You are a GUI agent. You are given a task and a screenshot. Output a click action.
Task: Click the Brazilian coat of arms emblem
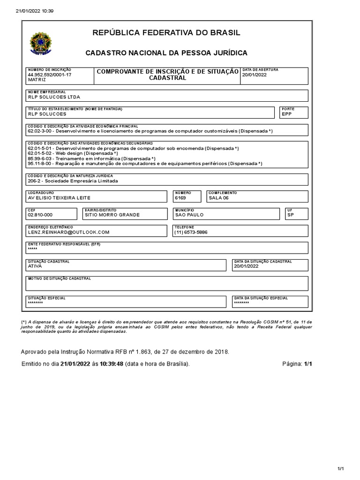[42, 43]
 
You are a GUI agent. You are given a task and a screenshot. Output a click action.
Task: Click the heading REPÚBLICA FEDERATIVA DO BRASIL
[166, 33]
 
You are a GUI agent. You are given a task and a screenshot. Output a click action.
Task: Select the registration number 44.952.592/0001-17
[50, 75]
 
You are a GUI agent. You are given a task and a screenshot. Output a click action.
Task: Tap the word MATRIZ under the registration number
[37, 80]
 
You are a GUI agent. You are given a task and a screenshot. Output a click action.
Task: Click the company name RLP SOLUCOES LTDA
[54, 97]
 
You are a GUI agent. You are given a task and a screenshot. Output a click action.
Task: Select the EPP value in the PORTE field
[286, 114]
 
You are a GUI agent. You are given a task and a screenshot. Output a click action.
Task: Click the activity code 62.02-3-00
[41, 132]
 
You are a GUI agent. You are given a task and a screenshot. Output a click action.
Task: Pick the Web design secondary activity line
[73, 153]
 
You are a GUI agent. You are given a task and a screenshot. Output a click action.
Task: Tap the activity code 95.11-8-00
[41, 164]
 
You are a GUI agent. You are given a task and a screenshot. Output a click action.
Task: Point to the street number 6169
[180, 198]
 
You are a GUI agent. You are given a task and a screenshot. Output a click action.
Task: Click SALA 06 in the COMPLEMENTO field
[219, 198]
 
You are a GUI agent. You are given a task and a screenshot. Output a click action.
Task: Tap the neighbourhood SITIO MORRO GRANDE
[112, 215]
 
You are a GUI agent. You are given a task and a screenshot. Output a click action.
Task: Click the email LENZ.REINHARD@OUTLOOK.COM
[68, 232]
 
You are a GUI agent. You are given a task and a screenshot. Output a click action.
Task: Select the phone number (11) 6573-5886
[191, 232]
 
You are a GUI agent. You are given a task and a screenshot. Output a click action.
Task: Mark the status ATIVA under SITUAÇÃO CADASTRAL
[35, 266]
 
